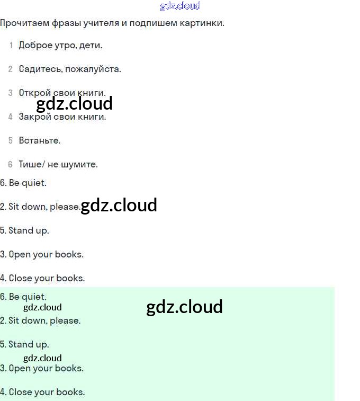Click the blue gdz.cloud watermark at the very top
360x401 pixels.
pos(180,6)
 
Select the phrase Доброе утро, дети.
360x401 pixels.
pos(60,45)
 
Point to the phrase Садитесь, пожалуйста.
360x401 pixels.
pos(70,69)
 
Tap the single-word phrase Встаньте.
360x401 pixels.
pos(40,140)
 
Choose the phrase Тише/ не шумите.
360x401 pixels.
pos(58,164)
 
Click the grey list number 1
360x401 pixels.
pos(11,45)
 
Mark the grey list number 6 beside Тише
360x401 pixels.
pos(10,164)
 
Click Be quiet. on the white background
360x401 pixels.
pos(24,183)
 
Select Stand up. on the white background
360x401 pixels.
pos(25,230)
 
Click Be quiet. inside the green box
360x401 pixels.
pos(24,297)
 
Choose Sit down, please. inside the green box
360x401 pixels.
pos(40,320)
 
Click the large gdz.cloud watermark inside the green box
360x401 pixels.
pos(184,307)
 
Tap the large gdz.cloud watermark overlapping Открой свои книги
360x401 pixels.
pos(75,103)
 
